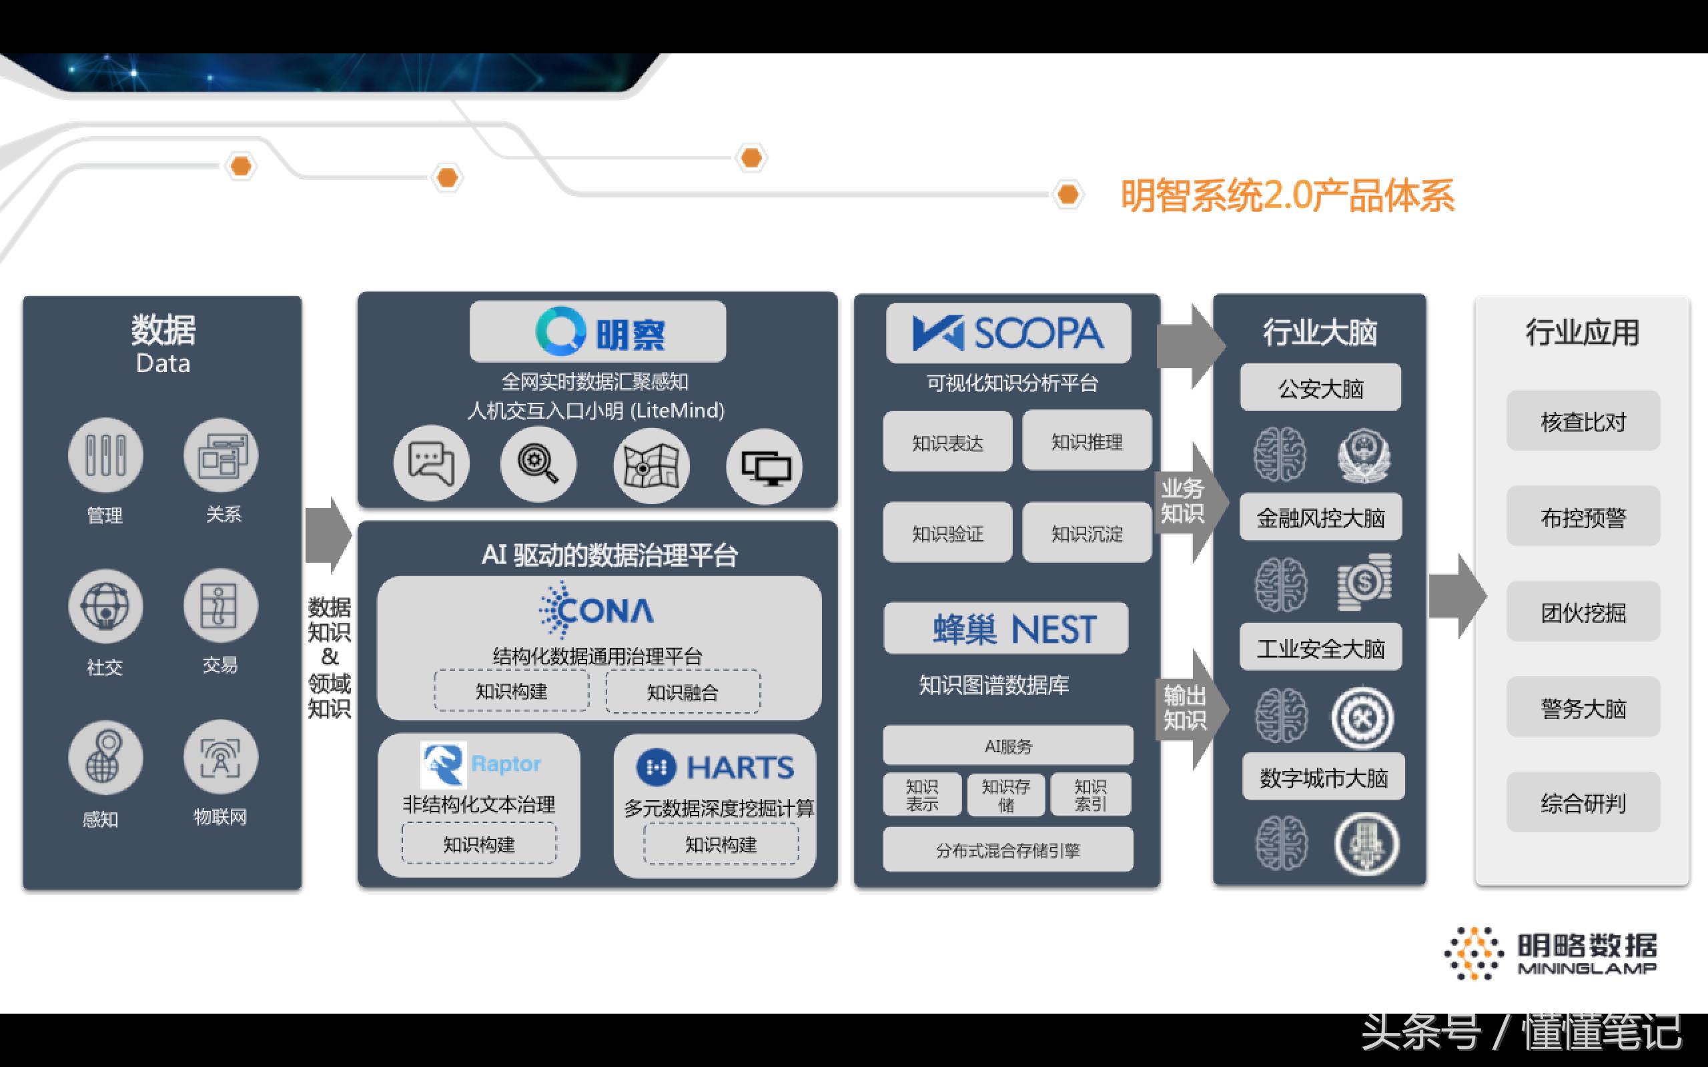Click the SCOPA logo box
tap(1008, 333)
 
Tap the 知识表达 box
tap(947, 442)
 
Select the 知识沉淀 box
tap(1086, 533)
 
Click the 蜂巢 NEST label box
tap(1005, 628)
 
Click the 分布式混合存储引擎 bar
tap(1008, 850)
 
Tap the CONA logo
tap(597, 610)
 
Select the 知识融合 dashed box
tap(683, 692)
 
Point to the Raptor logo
tap(480, 764)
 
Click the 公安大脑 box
tap(1320, 388)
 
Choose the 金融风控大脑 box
tap(1320, 518)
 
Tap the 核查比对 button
tap(1583, 421)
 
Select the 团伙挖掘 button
tap(1583, 612)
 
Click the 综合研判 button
tap(1583, 802)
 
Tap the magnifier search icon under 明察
tap(538, 464)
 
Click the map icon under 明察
tap(651, 465)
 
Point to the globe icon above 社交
tap(105, 606)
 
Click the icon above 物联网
tap(220, 757)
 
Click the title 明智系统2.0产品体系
tap(1288, 195)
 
